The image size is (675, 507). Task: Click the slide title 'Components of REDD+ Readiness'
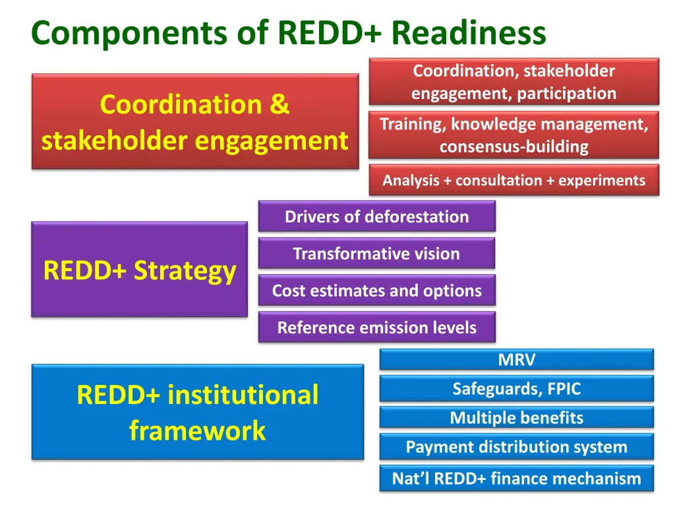pyautogui.click(x=288, y=32)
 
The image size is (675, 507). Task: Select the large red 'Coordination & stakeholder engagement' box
pyautogui.click(x=195, y=121)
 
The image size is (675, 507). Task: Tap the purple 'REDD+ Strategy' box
pyautogui.click(x=139, y=269)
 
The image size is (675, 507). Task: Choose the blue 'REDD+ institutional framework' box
pyautogui.click(x=197, y=412)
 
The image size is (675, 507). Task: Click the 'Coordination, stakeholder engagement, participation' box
pyautogui.click(x=514, y=82)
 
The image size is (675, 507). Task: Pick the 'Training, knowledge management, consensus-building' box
pyautogui.click(x=514, y=135)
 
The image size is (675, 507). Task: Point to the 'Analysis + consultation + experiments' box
pyautogui.click(x=514, y=180)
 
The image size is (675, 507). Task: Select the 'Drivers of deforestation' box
pyautogui.click(x=376, y=217)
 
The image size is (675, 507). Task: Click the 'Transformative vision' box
pyautogui.click(x=376, y=253)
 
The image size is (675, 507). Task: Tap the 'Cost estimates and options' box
pyautogui.click(x=376, y=290)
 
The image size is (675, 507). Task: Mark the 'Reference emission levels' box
pyautogui.click(x=376, y=327)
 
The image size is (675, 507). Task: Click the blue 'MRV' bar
pyautogui.click(x=516, y=360)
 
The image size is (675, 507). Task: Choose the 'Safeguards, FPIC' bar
pyautogui.click(x=516, y=389)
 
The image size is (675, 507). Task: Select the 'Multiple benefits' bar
pyautogui.click(x=516, y=418)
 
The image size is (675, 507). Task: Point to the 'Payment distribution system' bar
pyautogui.click(x=516, y=447)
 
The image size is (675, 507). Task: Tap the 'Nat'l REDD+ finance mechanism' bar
pyautogui.click(x=516, y=479)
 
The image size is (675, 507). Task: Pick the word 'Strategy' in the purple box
pyautogui.click(x=185, y=271)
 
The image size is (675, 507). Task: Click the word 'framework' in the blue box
pyautogui.click(x=197, y=430)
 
